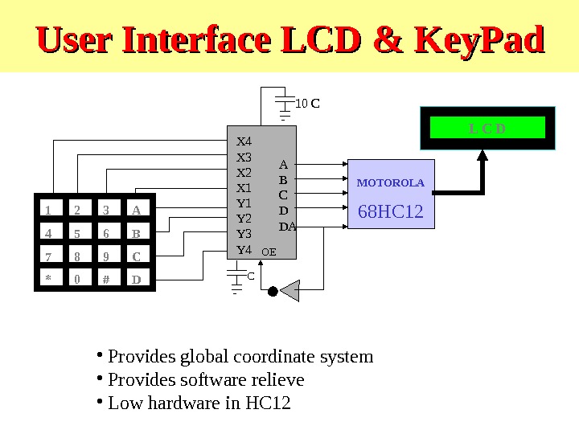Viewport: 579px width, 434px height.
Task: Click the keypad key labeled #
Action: pyautogui.click(x=105, y=280)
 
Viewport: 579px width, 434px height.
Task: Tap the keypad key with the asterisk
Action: pyautogui.click(x=48, y=280)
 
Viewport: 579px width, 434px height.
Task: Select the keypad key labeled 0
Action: pyautogui.click(x=77, y=280)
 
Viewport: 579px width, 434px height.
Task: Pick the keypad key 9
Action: pyautogui.click(x=105, y=257)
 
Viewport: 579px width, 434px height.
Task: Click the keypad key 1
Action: pyautogui.click(x=48, y=211)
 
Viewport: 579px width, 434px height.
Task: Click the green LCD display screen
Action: pyautogui.click(x=487, y=128)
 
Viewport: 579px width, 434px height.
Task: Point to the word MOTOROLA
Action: pyautogui.click(x=390, y=183)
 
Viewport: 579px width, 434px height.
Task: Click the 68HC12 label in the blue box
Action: pyautogui.click(x=390, y=211)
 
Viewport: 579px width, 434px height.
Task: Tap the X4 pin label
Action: pyautogui.click(x=244, y=141)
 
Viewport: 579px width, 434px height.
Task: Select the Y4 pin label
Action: pyautogui.click(x=244, y=249)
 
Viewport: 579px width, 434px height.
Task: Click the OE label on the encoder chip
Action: pyautogui.click(x=269, y=252)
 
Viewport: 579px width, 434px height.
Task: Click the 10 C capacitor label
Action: pyautogui.click(x=308, y=104)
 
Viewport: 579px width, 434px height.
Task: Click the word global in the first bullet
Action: pyautogui.click(x=193, y=356)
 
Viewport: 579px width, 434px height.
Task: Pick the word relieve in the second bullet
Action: pyautogui.click(x=274, y=379)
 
